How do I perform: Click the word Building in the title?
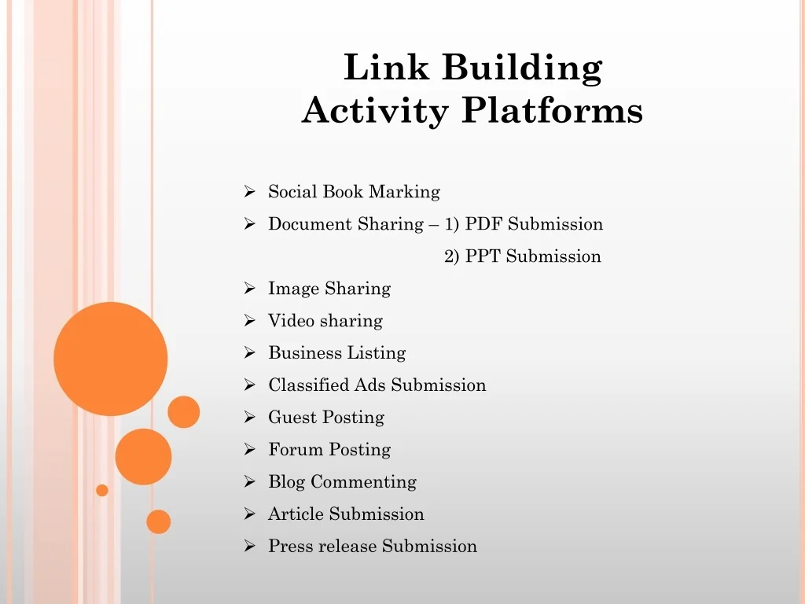(522, 68)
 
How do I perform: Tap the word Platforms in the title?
(552, 110)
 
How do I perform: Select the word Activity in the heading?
(375, 111)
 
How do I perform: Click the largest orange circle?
(110, 359)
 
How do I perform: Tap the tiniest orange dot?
(102, 491)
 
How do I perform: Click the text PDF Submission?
(534, 224)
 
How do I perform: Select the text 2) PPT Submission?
(523, 256)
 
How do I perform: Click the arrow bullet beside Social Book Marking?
(249, 192)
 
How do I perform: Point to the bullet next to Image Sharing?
(249, 288)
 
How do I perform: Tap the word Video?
(291, 321)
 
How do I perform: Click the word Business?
(305, 353)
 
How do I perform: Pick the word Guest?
(292, 417)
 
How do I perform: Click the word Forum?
(296, 449)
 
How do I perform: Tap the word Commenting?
(363, 482)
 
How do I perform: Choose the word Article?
(296, 514)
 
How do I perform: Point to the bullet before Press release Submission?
(249, 546)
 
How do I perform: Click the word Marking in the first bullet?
(404, 193)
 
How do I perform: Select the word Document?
(310, 224)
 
